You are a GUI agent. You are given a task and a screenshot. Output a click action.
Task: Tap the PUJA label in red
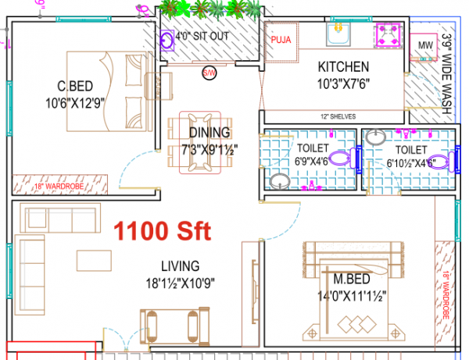(x=280, y=39)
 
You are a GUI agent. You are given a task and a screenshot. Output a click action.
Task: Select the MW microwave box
(x=425, y=46)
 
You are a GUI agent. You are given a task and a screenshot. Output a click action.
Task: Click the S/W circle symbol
(x=209, y=73)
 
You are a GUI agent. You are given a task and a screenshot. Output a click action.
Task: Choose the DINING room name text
(x=209, y=132)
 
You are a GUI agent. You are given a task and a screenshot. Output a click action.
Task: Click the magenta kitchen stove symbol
(x=388, y=36)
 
